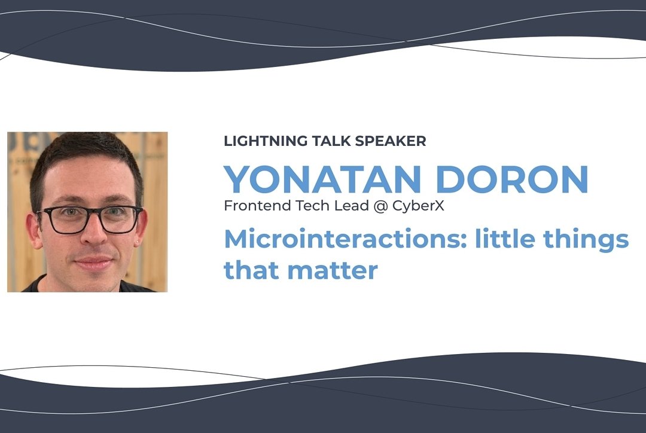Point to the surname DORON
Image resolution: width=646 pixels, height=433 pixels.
coord(511,179)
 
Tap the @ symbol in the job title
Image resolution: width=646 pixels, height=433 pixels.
coord(380,206)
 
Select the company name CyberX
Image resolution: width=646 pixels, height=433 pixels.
coord(418,206)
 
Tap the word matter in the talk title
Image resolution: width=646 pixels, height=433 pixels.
coord(333,270)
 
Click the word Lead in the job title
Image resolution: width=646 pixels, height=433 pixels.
coord(352,205)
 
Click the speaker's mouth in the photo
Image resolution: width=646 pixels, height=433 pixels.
coord(93,263)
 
